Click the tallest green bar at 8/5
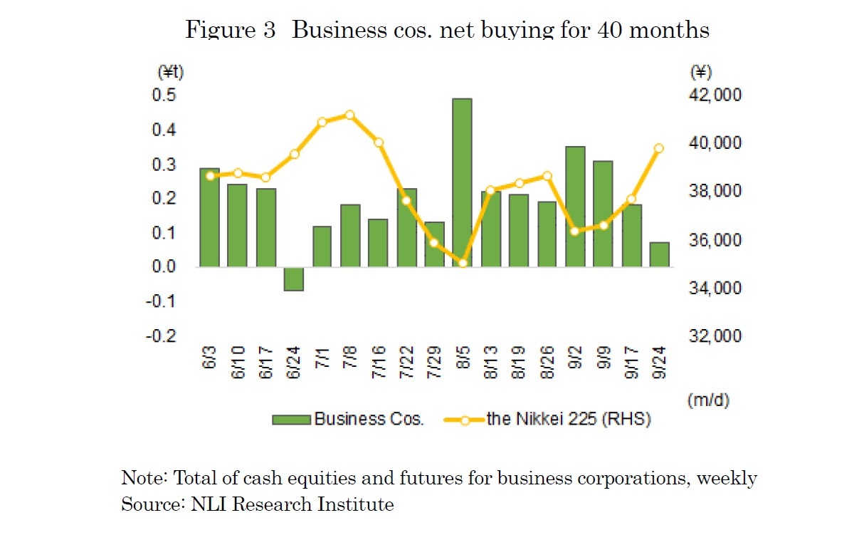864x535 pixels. pyautogui.click(x=462, y=182)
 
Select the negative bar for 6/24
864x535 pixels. pyautogui.click(x=293, y=279)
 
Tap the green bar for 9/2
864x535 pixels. pyautogui.click(x=575, y=207)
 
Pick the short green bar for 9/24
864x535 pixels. pyautogui.click(x=659, y=254)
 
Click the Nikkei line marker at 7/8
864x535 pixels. pyautogui.click(x=349, y=115)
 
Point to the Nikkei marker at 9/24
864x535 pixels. pyautogui.click(x=659, y=148)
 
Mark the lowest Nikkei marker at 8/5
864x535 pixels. pyautogui.click(x=462, y=263)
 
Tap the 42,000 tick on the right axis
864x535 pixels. pyautogui.click(x=714, y=95)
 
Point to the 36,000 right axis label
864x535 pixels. pyautogui.click(x=714, y=240)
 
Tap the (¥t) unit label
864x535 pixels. pyautogui.click(x=170, y=72)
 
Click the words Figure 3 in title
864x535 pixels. pyautogui.click(x=230, y=31)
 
